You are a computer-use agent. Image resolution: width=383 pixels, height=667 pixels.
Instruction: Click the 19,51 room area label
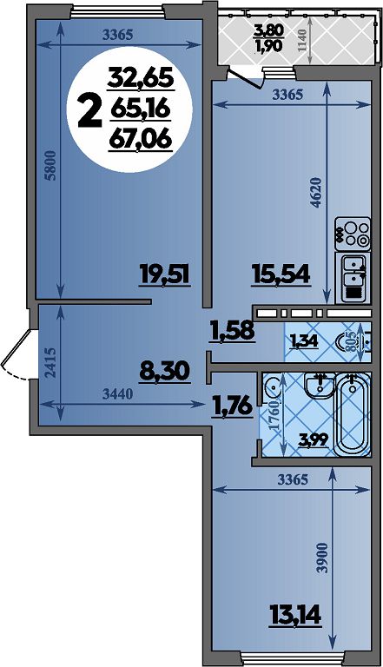(x=164, y=274)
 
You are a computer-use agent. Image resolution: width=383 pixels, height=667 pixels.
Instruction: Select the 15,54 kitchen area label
(x=280, y=274)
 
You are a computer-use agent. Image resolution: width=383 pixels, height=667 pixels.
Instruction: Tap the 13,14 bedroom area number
(x=294, y=614)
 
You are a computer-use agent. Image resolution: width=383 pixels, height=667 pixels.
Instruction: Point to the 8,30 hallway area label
(x=164, y=372)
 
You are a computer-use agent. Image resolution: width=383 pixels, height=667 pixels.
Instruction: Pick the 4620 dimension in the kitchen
(x=315, y=192)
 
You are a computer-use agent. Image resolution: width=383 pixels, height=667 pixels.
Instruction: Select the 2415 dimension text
(x=50, y=363)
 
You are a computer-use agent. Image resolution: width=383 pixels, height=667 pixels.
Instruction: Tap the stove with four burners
(x=353, y=234)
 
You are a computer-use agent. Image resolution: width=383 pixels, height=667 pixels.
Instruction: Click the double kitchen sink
(x=353, y=277)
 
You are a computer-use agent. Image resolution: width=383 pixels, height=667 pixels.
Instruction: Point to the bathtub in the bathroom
(x=353, y=414)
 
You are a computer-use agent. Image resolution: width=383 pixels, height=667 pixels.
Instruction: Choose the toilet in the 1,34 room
(x=351, y=341)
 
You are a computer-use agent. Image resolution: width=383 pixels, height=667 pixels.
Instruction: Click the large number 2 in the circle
(x=90, y=110)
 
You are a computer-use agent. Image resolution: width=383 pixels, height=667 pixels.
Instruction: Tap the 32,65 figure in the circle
(x=141, y=78)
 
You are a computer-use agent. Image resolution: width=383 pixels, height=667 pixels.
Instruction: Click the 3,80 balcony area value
(x=268, y=30)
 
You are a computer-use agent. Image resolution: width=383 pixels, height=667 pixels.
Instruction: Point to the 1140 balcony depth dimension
(x=302, y=41)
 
